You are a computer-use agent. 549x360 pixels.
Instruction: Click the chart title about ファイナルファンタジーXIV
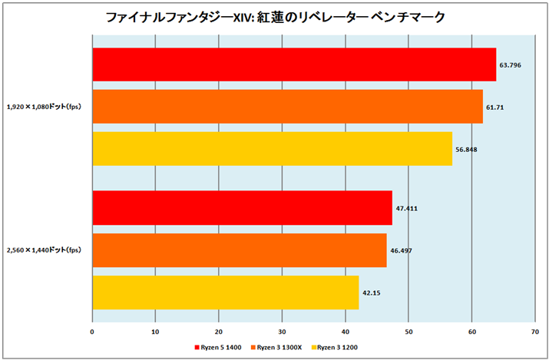coord(273,15)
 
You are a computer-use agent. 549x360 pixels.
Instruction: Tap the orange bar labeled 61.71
coord(287,107)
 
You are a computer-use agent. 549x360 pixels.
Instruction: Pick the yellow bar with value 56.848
coord(272,149)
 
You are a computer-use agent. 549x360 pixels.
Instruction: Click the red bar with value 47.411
coord(242,207)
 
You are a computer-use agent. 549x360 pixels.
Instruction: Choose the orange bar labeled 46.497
coord(239,250)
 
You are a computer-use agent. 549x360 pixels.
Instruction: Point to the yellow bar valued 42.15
coord(225,292)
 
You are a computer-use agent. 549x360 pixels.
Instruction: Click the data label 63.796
coord(511,64)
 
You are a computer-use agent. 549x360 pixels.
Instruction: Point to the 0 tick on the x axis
coord(92,332)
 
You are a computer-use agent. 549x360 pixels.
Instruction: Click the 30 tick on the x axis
coord(282,332)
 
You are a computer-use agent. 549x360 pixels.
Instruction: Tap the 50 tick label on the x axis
coord(408,332)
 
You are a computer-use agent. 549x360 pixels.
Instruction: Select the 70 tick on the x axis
coord(534,332)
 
